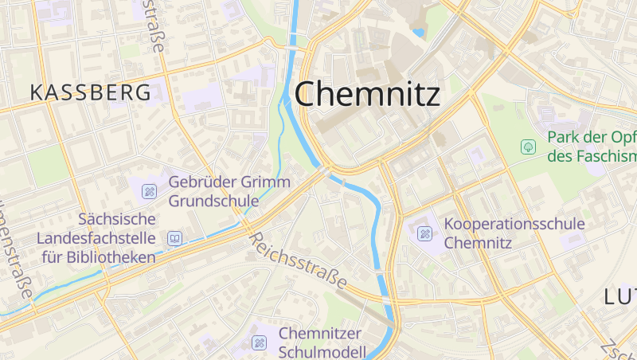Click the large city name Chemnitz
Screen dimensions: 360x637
pyautogui.click(x=367, y=94)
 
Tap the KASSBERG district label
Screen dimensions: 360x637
pyautogui.click(x=90, y=92)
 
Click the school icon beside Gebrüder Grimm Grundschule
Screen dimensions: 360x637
pyautogui.click(x=149, y=191)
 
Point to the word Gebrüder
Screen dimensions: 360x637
pyautogui.click(x=201, y=182)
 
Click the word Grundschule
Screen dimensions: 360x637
pyautogui.click(x=213, y=201)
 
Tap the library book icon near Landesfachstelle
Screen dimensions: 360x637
pyautogui.click(x=174, y=237)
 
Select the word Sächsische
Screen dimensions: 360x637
pyautogui.click(x=116, y=219)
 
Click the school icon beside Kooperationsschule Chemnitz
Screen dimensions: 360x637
pyautogui.click(x=425, y=233)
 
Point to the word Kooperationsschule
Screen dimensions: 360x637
pyautogui.click(x=514, y=225)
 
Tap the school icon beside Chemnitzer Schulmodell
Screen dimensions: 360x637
pyautogui.click(x=259, y=342)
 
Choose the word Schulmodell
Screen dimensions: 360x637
pyautogui.click(x=322, y=351)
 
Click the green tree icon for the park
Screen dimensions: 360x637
pyautogui.click(x=527, y=147)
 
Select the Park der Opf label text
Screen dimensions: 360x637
pyautogui.click(x=592, y=138)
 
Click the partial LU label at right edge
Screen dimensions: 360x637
pyautogui.click(x=619, y=297)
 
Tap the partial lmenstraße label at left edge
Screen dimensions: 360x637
pyautogui.click(x=16, y=255)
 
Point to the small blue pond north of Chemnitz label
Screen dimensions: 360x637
pyautogui.click(x=418, y=33)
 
